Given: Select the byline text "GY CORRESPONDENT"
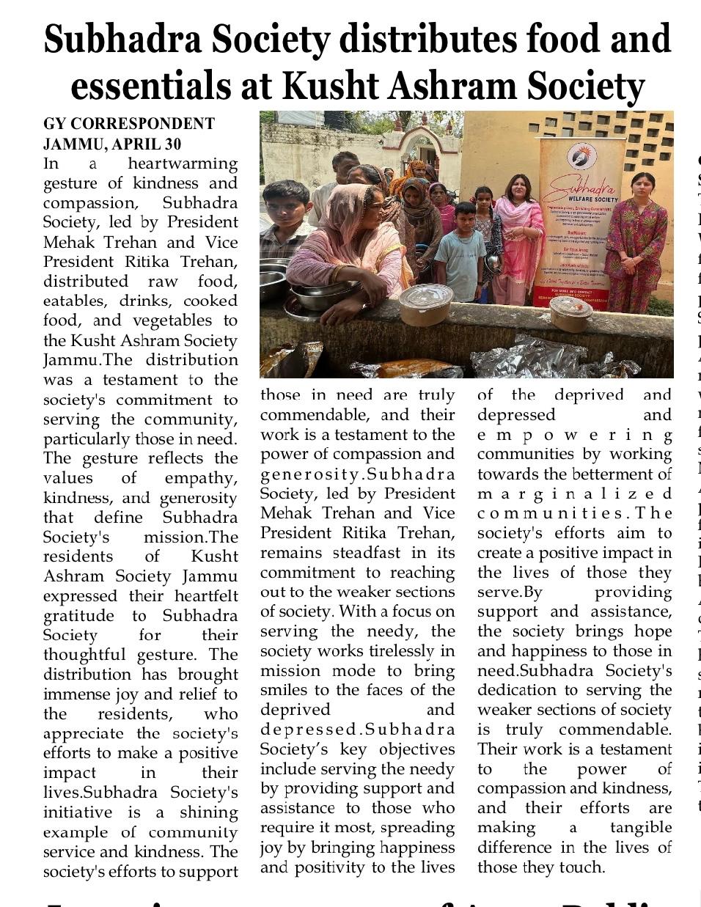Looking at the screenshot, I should pyautogui.click(x=128, y=124).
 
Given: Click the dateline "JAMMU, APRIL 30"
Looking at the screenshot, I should pyautogui.click(x=112, y=144).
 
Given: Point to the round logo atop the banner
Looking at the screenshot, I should pyautogui.click(x=581, y=155).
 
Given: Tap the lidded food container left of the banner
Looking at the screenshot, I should pyautogui.click(x=427, y=304).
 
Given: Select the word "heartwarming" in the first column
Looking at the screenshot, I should pyautogui.click(x=183, y=164).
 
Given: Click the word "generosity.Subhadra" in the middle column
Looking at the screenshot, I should pyautogui.click(x=358, y=474).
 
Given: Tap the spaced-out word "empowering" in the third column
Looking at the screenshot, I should pyautogui.click(x=574, y=435).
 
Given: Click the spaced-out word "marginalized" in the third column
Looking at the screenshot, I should pyautogui.click(x=574, y=493).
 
